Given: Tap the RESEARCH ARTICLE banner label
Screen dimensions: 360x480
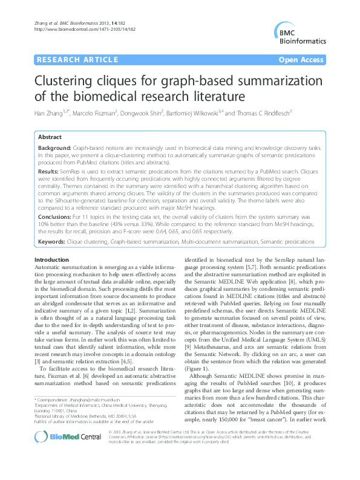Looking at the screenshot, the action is pyautogui.click(x=77, y=60).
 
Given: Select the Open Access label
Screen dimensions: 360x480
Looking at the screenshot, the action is pyautogui.click(x=301, y=60).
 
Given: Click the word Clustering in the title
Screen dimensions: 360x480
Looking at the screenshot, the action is pyautogui.click(x=66, y=81).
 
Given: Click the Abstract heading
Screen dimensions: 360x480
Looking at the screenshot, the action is pyautogui.click(x=50, y=137).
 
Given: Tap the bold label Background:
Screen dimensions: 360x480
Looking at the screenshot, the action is pyautogui.click(x=54, y=148).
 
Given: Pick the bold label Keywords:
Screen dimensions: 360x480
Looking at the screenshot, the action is pyautogui.click(x=53, y=241).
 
